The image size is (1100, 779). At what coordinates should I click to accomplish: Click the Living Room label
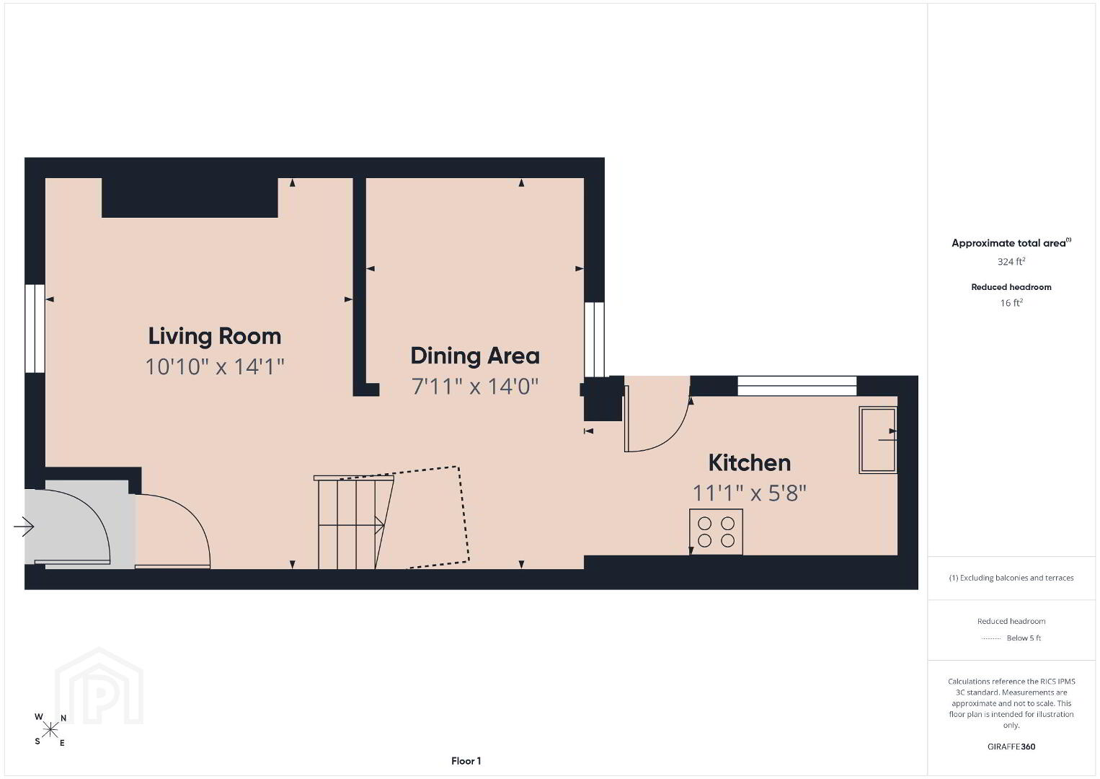point(215,337)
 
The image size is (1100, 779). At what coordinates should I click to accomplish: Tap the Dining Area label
point(475,356)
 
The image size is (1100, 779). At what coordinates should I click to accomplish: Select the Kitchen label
point(750,463)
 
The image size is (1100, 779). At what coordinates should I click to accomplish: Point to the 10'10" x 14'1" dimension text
point(215,367)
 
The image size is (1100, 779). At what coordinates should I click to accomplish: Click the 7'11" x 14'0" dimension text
point(475,387)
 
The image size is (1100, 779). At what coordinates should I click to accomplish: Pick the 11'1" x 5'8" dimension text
point(750,493)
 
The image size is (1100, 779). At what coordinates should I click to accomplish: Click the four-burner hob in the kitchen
point(716,532)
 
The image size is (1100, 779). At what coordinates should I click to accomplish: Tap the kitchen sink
point(878,440)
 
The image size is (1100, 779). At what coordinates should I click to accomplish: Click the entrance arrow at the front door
point(24,527)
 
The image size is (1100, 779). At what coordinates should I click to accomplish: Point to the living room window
point(35,328)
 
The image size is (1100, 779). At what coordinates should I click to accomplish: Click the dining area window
point(594,339)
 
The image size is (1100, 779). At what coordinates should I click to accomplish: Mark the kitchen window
point(797,386)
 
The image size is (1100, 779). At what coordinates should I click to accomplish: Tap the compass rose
point(50,731)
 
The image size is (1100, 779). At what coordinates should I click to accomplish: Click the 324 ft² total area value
point(1011,261)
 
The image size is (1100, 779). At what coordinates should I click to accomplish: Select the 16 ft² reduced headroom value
point(1011,303)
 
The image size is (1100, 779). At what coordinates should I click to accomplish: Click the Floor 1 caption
point(466,761)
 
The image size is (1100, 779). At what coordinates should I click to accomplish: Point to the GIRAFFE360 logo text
point(1011,747)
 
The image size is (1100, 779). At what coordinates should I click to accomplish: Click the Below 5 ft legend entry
point(1011,638)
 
